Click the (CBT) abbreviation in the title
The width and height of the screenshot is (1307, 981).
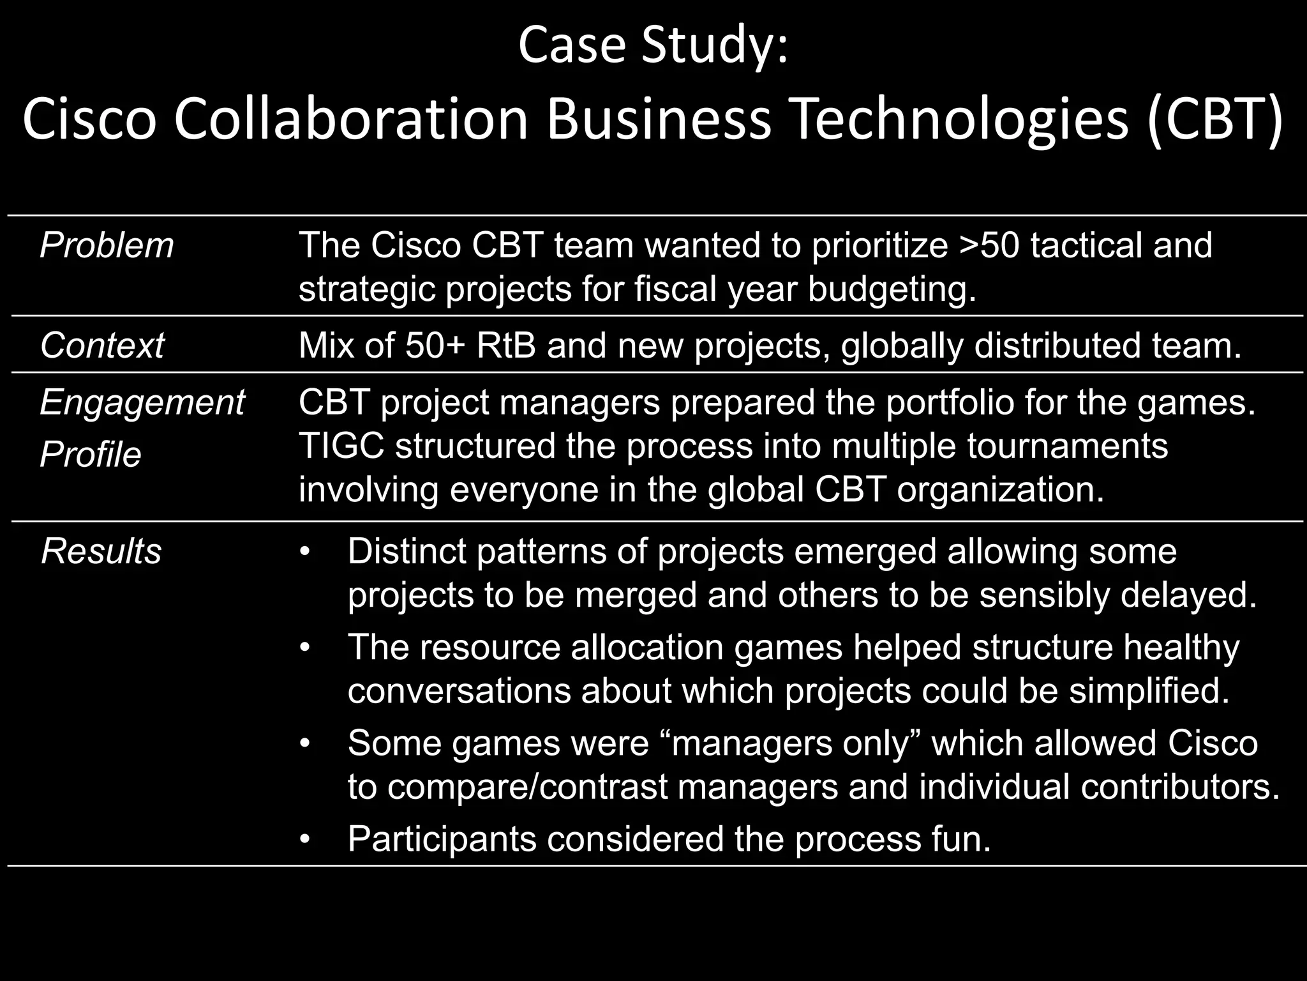click(1214, 119)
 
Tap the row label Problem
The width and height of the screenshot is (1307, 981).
click(107, 245)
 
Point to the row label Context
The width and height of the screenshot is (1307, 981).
click(102, 346)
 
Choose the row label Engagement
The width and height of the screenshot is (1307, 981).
click(142, 402)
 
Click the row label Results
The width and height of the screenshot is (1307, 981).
click(101, 551)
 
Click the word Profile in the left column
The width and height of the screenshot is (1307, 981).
click(91, 455)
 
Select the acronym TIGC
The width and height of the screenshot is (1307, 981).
click(341, 446)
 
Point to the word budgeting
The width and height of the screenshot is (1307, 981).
click(892, 289)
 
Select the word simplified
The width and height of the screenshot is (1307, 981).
click(1149, 691)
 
